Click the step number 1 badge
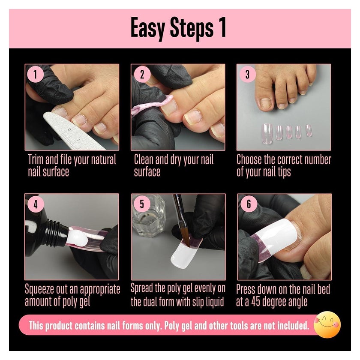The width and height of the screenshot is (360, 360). (x=35, y=74)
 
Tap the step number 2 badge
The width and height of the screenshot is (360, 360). (x=142, y=75)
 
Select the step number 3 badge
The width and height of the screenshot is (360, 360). (x=247, y=74)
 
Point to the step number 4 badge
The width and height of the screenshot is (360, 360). (x=36, y=204)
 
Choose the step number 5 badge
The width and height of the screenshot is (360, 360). (x=142, y=204)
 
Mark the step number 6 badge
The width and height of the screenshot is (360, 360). (x=249, y=204)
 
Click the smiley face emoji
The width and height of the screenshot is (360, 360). (x=327, y=324)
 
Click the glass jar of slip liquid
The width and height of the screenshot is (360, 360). (x=149, y=216)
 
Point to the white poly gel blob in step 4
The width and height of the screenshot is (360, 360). (x=78, y=237)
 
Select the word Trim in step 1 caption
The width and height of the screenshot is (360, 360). (x=36, y=159)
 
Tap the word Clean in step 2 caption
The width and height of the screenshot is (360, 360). (x=144, y=159)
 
